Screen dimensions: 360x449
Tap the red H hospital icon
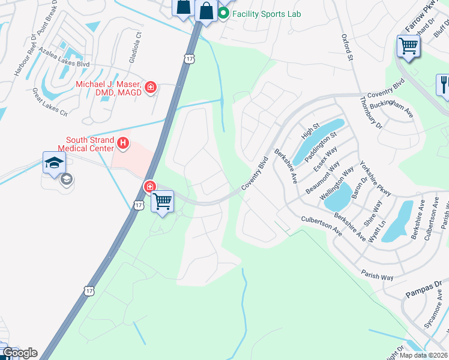click(124, 143)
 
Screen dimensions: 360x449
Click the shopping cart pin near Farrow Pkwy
click(408, 46)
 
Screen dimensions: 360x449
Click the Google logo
click(19, 353)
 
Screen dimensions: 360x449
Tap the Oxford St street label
click(346, 47)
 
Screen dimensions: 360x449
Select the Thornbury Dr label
click(370, 112)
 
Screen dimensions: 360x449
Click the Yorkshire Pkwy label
click(375, 178)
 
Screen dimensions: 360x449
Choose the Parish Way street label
click(377, 275)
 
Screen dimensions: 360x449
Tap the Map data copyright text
click(423, 355)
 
